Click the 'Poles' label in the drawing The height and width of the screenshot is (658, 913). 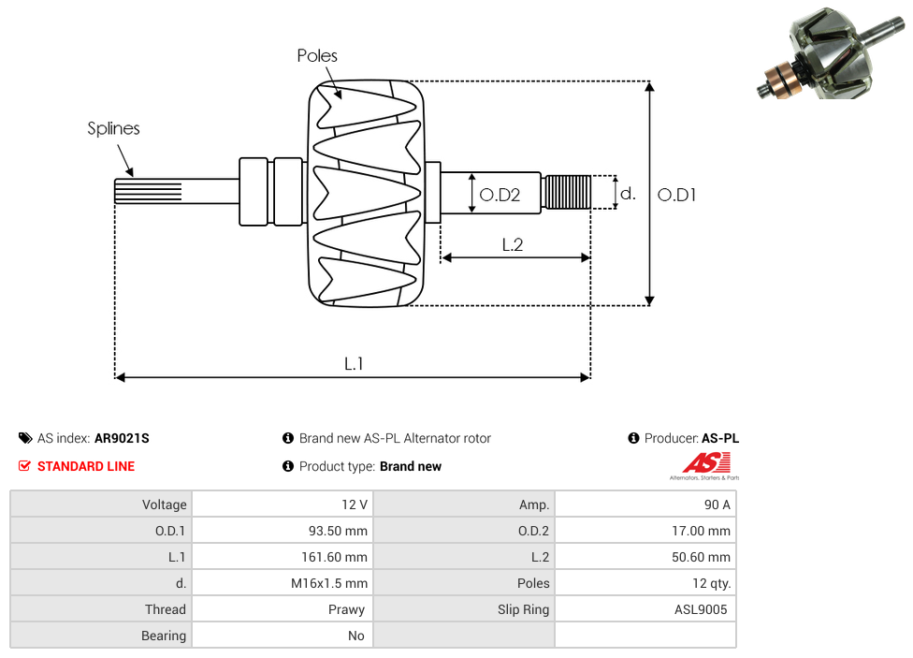pyautogui.click(x=317, y=56)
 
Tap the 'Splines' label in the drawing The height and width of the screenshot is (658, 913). pyautogui.click(x=113, y=129)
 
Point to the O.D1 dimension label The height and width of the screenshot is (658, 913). pyautogui.click(x=676, y=195)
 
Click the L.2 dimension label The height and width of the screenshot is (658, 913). pyautogui.click(x=512, y=245)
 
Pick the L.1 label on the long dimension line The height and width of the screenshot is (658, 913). pyautogui.click(x=353, y=364)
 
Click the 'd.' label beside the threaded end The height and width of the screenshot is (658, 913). pyautogui.click(x=628, y=194)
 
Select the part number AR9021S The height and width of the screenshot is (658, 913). pyautogui.click(x=122, y=438)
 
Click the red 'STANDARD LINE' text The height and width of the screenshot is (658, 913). pyautogui.click(x=85, y=466)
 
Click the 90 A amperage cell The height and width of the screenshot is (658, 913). pyautogui.click(x=717, y=504)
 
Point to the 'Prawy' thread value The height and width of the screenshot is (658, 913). pyautogui.click(x=346, y=609)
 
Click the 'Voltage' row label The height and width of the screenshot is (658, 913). pyautogui.click(x=164, y=504)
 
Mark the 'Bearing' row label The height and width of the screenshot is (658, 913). pyautogui.click(x=164, y=636)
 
